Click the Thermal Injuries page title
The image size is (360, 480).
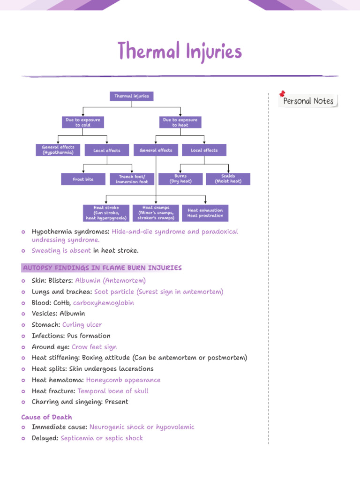coord(180,51)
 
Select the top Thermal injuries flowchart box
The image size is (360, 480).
coord(132,96)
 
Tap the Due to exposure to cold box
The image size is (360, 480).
coord(83,122)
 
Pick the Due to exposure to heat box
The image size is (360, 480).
coord(180,122)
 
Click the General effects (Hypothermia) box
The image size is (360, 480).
coord(58,150)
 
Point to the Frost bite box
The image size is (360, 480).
coord(83,179)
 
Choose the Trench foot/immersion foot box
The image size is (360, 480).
coord(132,179)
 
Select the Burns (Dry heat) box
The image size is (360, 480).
coord(180,179)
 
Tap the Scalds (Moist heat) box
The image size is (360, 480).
coord(228,179)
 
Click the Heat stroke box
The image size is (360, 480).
coord(106,213)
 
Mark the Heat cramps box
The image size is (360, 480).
coord(156,213)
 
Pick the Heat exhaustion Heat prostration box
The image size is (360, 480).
coord(205,213)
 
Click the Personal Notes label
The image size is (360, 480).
coord(308,101)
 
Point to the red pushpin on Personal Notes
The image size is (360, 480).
coord(282,94)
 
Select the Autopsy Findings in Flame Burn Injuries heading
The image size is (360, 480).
coord(102,268)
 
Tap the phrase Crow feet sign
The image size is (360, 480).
coord(94,347)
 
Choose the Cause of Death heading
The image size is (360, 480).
coord(46,417)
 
